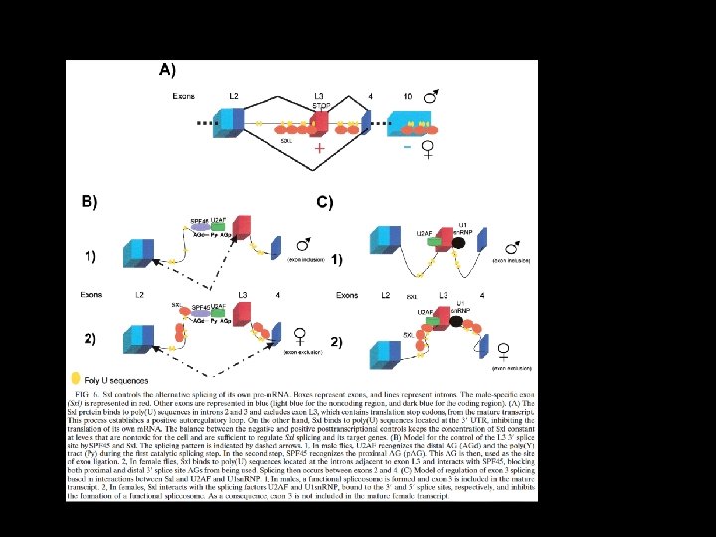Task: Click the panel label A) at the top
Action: tap(167, 70)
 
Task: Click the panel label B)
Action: tap(89, 202)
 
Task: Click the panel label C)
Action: tap(325, 202)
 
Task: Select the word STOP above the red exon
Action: tap(322, 104)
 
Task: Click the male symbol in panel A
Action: tap(430, 99)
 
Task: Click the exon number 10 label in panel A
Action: tap(407, 95)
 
